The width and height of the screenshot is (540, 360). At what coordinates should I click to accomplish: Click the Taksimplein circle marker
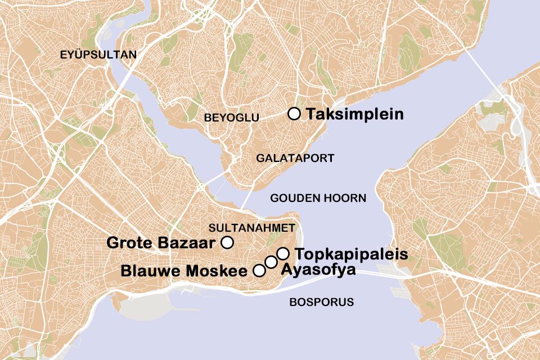pos(294,114)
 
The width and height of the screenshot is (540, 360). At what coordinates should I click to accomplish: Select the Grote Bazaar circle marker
pos(227,242)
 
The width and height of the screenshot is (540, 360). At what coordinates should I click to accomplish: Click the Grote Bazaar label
pos(161,243)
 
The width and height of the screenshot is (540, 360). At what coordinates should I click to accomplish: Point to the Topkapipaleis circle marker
pos(283,253)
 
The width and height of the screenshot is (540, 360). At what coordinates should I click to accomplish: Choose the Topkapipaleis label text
pos(351,254)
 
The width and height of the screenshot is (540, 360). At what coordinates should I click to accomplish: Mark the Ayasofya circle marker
pos(271,262)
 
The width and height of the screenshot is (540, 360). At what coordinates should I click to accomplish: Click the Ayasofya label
pos(318,270)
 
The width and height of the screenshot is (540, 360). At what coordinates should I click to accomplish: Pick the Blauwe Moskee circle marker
pos(259,271)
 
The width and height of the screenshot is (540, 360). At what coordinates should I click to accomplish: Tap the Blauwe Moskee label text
pos(184,271)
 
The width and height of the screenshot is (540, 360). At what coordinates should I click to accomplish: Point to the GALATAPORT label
pos(295,158)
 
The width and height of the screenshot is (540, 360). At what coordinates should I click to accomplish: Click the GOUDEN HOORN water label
pos(318,198)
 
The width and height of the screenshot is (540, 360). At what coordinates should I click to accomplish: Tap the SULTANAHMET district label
pos(251,228)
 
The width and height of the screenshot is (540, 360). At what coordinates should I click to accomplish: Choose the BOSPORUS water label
pos(321,302)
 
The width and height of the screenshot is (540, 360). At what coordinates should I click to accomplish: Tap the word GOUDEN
pos(296,198)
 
